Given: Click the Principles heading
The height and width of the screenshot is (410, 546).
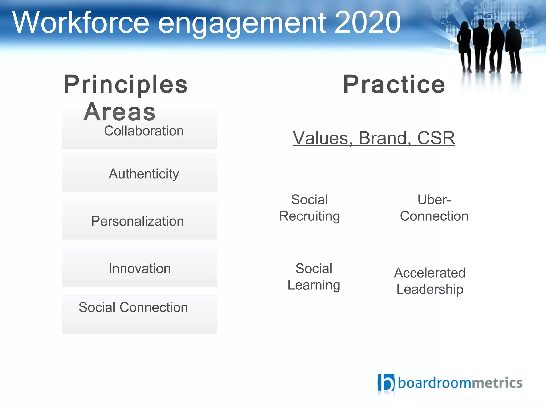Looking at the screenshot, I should point(126,85).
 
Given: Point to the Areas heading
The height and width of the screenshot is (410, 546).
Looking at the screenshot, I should point(119,112).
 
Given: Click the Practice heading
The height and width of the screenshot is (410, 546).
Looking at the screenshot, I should point(394,85).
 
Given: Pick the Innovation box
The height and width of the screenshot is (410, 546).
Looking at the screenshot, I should point(140,268).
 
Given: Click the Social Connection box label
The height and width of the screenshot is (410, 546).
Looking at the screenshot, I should point(133,307).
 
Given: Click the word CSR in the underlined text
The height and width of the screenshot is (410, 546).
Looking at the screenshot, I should point(436,138).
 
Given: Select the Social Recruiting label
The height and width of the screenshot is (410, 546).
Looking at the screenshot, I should point(310,208).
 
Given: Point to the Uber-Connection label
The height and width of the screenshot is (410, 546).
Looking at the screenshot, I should point(434,208).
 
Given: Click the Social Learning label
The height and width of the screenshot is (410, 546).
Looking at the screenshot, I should point(314,277).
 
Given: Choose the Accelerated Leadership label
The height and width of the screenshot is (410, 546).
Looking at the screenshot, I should point(430,281).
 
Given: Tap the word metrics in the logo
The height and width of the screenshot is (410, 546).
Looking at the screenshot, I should point(497,383).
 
